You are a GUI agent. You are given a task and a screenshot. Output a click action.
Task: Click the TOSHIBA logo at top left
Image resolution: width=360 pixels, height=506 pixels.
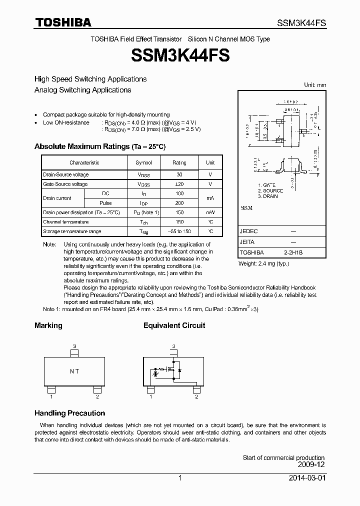(x=62, y=22)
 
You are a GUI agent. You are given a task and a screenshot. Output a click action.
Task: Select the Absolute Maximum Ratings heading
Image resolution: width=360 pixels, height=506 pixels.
(x=99, y=146)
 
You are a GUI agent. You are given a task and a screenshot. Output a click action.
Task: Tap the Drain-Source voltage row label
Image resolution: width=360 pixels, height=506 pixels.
(x=66, y=174)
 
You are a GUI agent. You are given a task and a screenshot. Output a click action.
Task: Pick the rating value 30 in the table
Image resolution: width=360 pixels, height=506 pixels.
(x=179, y=174)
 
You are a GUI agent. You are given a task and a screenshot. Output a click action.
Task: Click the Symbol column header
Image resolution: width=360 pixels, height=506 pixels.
(x=144, y=162)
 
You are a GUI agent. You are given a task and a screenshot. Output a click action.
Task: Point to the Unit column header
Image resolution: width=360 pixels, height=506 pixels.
(x=210, y=162)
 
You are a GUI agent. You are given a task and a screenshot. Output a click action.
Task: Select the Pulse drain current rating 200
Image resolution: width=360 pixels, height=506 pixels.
(x=179, y=203)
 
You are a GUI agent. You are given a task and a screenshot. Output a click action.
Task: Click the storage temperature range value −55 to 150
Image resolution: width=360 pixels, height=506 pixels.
(x=179, y=231)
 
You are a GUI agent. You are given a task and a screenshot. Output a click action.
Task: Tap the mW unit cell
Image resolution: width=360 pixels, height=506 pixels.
(x=210, y=212)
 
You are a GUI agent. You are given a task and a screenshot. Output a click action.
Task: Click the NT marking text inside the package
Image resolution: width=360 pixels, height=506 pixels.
(x=74, y=371)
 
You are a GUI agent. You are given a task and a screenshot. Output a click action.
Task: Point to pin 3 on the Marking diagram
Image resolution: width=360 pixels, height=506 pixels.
(x=74, y=346)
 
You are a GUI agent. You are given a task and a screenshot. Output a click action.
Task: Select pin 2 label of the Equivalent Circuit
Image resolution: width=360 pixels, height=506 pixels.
(x=196, y=396)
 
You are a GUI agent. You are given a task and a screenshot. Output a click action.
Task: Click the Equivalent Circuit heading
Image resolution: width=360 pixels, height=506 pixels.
(x=174, y=325)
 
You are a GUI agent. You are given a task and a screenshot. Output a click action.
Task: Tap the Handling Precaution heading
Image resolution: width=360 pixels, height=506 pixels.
(x=69, y=413)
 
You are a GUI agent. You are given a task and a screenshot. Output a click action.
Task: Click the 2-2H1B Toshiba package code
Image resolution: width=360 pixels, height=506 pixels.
(x=293, y=253)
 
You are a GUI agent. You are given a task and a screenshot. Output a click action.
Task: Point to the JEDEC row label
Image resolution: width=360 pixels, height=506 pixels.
(x=248, y=231)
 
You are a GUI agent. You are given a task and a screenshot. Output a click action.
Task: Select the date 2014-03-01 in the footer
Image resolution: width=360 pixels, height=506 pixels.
(x=307, y=478)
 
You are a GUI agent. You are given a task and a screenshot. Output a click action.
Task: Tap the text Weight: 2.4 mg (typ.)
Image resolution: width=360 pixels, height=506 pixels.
(x=263, y=263)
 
